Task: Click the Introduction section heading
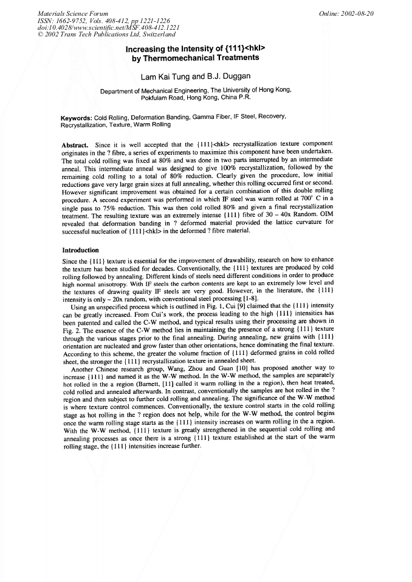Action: click(81, 249)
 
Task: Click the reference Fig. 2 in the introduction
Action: click(72, 330)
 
